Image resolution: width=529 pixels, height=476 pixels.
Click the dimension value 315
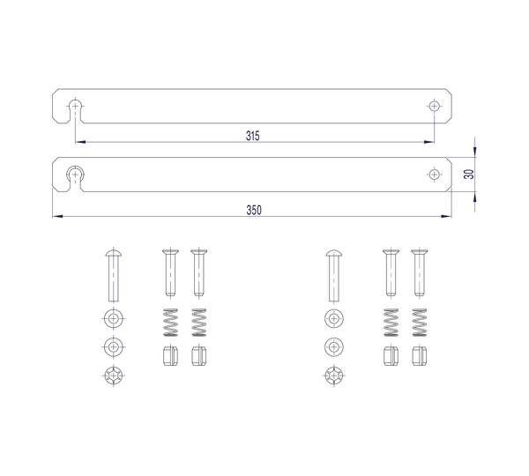tap(253, 137)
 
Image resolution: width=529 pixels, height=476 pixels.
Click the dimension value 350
tap(253, 210)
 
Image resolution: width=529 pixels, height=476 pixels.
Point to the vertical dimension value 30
tap(469, 175)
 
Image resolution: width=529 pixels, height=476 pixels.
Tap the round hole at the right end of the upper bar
tap(433, 106)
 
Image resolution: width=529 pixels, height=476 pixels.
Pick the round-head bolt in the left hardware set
tap(114, 274)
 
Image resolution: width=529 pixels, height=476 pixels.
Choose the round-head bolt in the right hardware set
tap(334, 274)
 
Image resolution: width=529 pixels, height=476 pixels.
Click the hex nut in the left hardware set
tap(114, 374)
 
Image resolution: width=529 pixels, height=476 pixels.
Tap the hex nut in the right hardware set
tap(334, 374)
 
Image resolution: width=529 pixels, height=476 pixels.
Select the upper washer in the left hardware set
tap(114, 317)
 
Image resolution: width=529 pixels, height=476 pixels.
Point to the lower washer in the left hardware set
tap(114, 346)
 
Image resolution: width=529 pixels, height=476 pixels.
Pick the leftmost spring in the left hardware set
tap(170, 323)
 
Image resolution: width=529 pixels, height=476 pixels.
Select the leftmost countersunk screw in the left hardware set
tap(170, 274)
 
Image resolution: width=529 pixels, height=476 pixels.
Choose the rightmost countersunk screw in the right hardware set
tap(419, 274)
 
